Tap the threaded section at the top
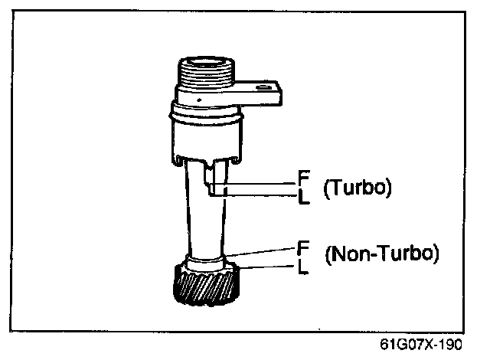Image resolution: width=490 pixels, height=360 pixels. coord(205,76)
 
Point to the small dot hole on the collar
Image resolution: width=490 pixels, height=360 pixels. coord(198,99)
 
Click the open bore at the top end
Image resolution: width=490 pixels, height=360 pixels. coord(205,61)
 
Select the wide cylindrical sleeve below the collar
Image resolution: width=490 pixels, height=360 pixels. coord(205,138)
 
